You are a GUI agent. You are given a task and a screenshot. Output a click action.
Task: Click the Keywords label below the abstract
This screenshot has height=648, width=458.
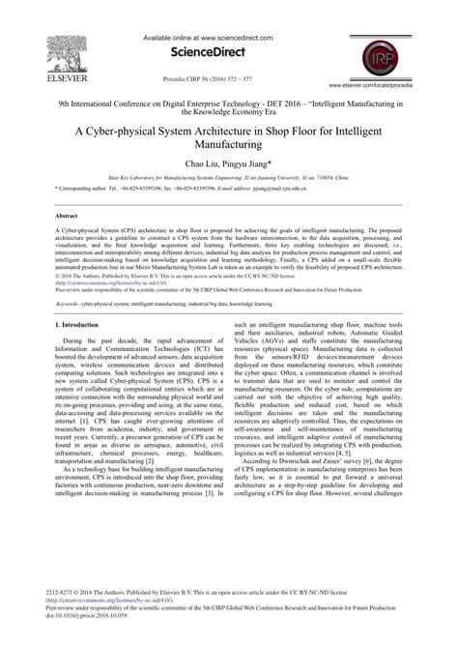coord(73,303)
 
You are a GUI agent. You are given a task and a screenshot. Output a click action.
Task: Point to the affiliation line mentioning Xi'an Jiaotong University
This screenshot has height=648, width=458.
coord(229,180)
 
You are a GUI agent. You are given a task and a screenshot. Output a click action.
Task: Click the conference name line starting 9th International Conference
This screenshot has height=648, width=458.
coord(229,99)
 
